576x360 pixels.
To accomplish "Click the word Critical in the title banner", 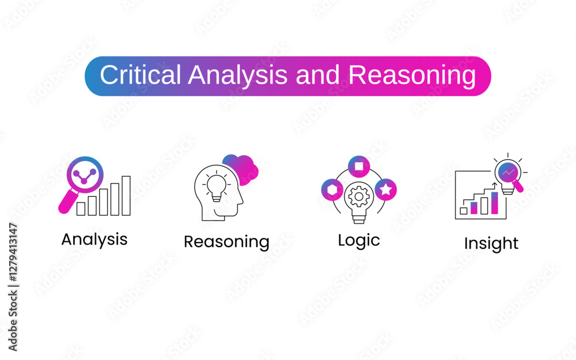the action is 141,75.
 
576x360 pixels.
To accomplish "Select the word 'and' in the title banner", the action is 317,75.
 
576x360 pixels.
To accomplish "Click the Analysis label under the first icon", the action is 94,240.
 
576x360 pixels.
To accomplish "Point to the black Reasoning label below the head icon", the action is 226,242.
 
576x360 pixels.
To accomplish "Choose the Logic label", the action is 359,241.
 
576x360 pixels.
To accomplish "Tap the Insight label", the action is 491,244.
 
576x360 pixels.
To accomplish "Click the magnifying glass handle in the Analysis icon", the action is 68,201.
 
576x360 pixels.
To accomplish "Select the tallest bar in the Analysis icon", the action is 126,195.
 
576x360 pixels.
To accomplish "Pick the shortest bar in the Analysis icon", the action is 81,209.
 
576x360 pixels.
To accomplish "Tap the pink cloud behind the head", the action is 241,169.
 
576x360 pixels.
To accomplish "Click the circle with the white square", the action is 359,166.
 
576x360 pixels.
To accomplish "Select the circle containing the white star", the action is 386,190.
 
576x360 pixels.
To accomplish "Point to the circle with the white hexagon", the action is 332,190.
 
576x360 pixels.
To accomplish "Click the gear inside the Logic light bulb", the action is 359,196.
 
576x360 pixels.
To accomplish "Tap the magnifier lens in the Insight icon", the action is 509,172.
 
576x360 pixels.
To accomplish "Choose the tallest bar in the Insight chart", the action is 495,203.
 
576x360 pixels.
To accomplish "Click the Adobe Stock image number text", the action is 13,252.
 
